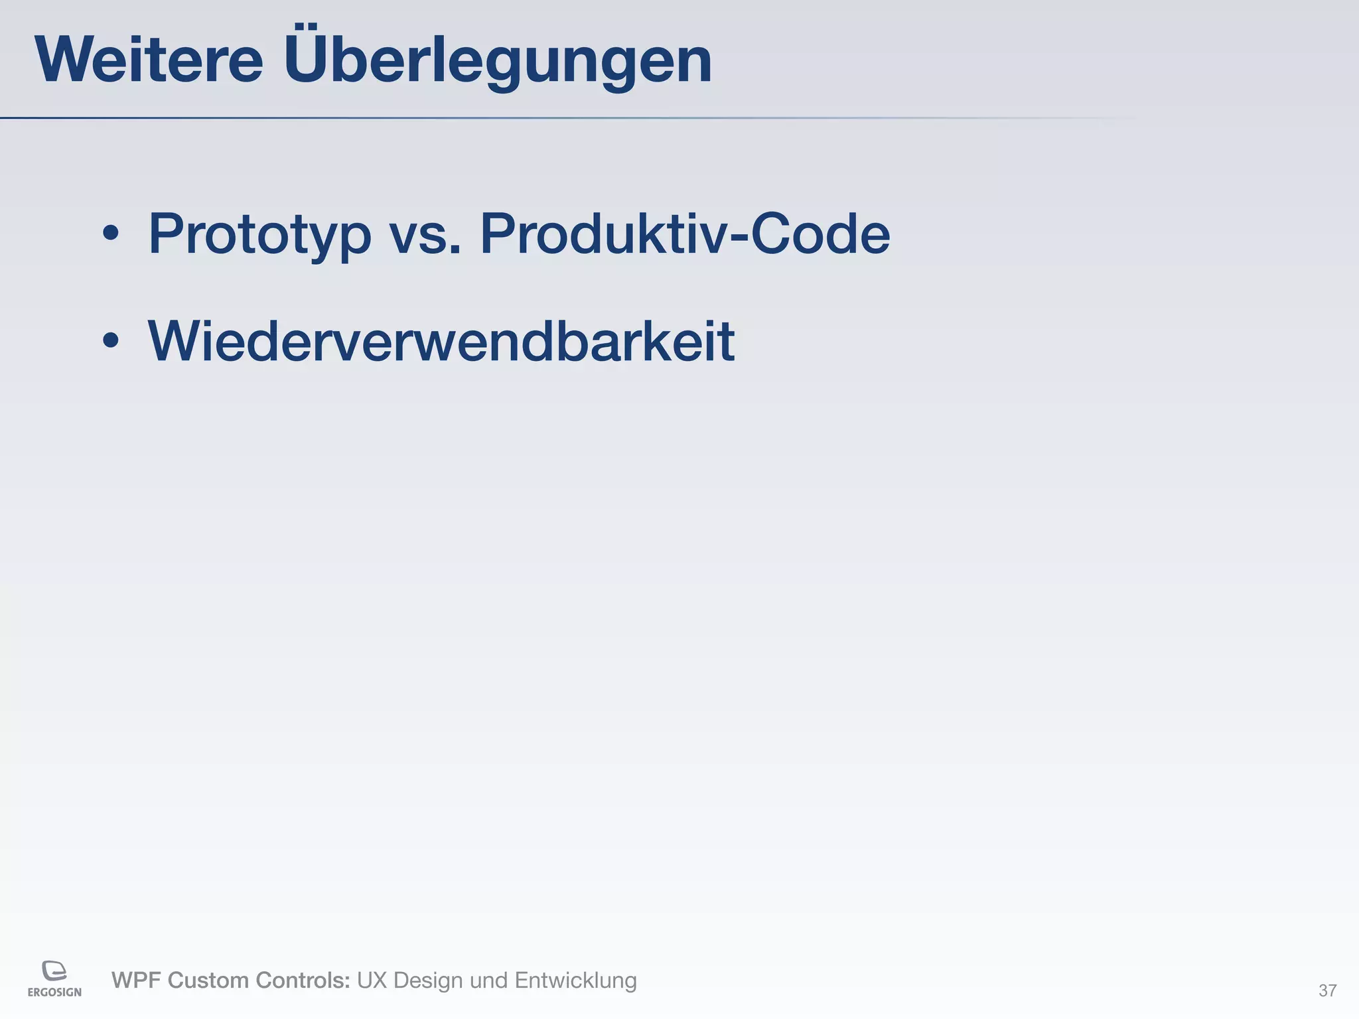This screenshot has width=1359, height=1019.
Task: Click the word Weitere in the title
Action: (x=149, y=61)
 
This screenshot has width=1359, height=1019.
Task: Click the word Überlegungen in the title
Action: (x=498, y=61)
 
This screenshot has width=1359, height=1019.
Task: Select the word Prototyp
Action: (x=259, y=235)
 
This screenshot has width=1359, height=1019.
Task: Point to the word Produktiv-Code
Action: (x=684, y=234)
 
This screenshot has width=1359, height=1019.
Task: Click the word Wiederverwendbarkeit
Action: (x=441, y=341)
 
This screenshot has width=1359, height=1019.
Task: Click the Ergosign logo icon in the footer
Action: (x=54, y=970)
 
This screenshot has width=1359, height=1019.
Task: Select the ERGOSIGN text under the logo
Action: (x=54, y=992)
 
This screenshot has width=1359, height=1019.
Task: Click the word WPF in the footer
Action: (x=136, y=981)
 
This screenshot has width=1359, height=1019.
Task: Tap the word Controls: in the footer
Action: (x=303, y=981)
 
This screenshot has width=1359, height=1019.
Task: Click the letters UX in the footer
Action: (x=372, y=981)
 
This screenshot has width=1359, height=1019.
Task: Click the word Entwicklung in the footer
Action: (x=575, y=981)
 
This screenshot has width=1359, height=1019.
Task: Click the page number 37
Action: (x=1327, y=991)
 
